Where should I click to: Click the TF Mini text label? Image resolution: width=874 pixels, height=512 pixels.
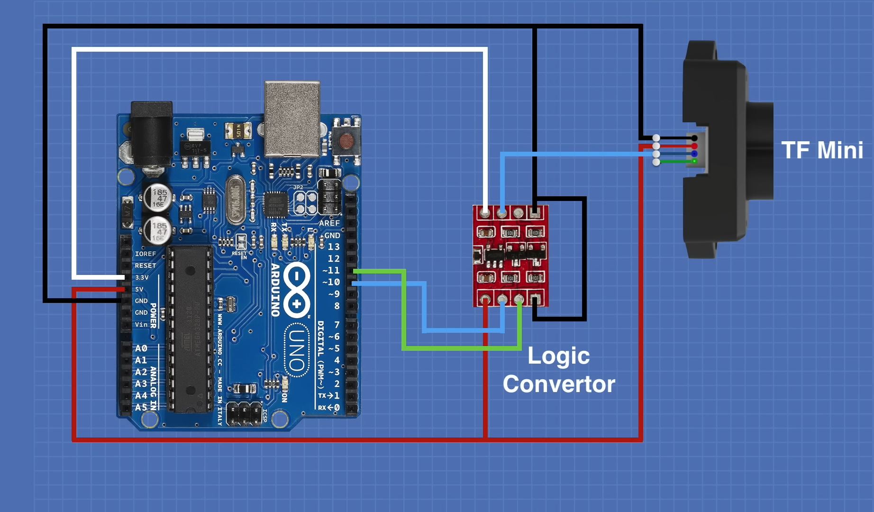(x=822, y=150)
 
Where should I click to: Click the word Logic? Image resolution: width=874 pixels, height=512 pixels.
(x=558, y=357)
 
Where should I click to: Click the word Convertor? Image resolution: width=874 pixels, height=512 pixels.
(x=559, y=384)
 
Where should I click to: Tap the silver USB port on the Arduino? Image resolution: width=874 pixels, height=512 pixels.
(x=292, y=119)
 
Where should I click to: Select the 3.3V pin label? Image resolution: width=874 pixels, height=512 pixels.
(x=142, y=278)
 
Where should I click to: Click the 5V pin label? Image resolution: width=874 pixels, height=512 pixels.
(x=139, y=289)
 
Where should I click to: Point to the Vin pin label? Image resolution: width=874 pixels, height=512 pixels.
(x=141, y=325)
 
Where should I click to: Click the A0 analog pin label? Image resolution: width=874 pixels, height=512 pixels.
(x=141, y=348)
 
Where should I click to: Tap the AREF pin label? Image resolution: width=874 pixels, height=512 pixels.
(x=329, y=223)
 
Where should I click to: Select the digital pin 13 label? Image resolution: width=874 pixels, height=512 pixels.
(x=334, y=247)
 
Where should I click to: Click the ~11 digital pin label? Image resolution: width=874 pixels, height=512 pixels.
(x=331, y=270)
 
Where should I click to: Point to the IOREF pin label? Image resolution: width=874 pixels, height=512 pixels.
(x=145, y=254)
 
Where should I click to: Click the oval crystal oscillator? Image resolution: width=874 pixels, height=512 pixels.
(x=235, y=199)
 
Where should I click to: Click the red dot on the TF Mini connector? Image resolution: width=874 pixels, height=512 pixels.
(x=694, y=146)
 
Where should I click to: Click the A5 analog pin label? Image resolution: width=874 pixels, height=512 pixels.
(x=141, y=407)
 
